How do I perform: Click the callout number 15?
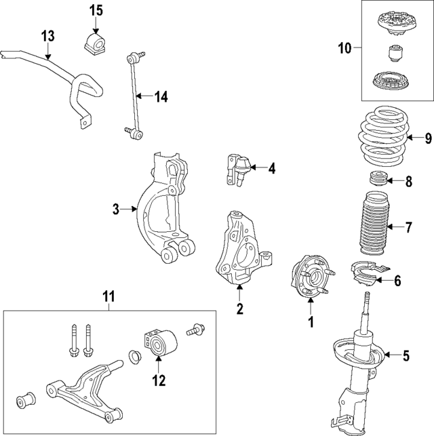tap(96, 10)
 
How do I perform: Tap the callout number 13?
tap(47, 36)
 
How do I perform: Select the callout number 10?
tap(345, 47)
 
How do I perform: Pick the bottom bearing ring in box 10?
tap(393, 83)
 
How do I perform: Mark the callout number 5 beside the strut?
tap(406, 354)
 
